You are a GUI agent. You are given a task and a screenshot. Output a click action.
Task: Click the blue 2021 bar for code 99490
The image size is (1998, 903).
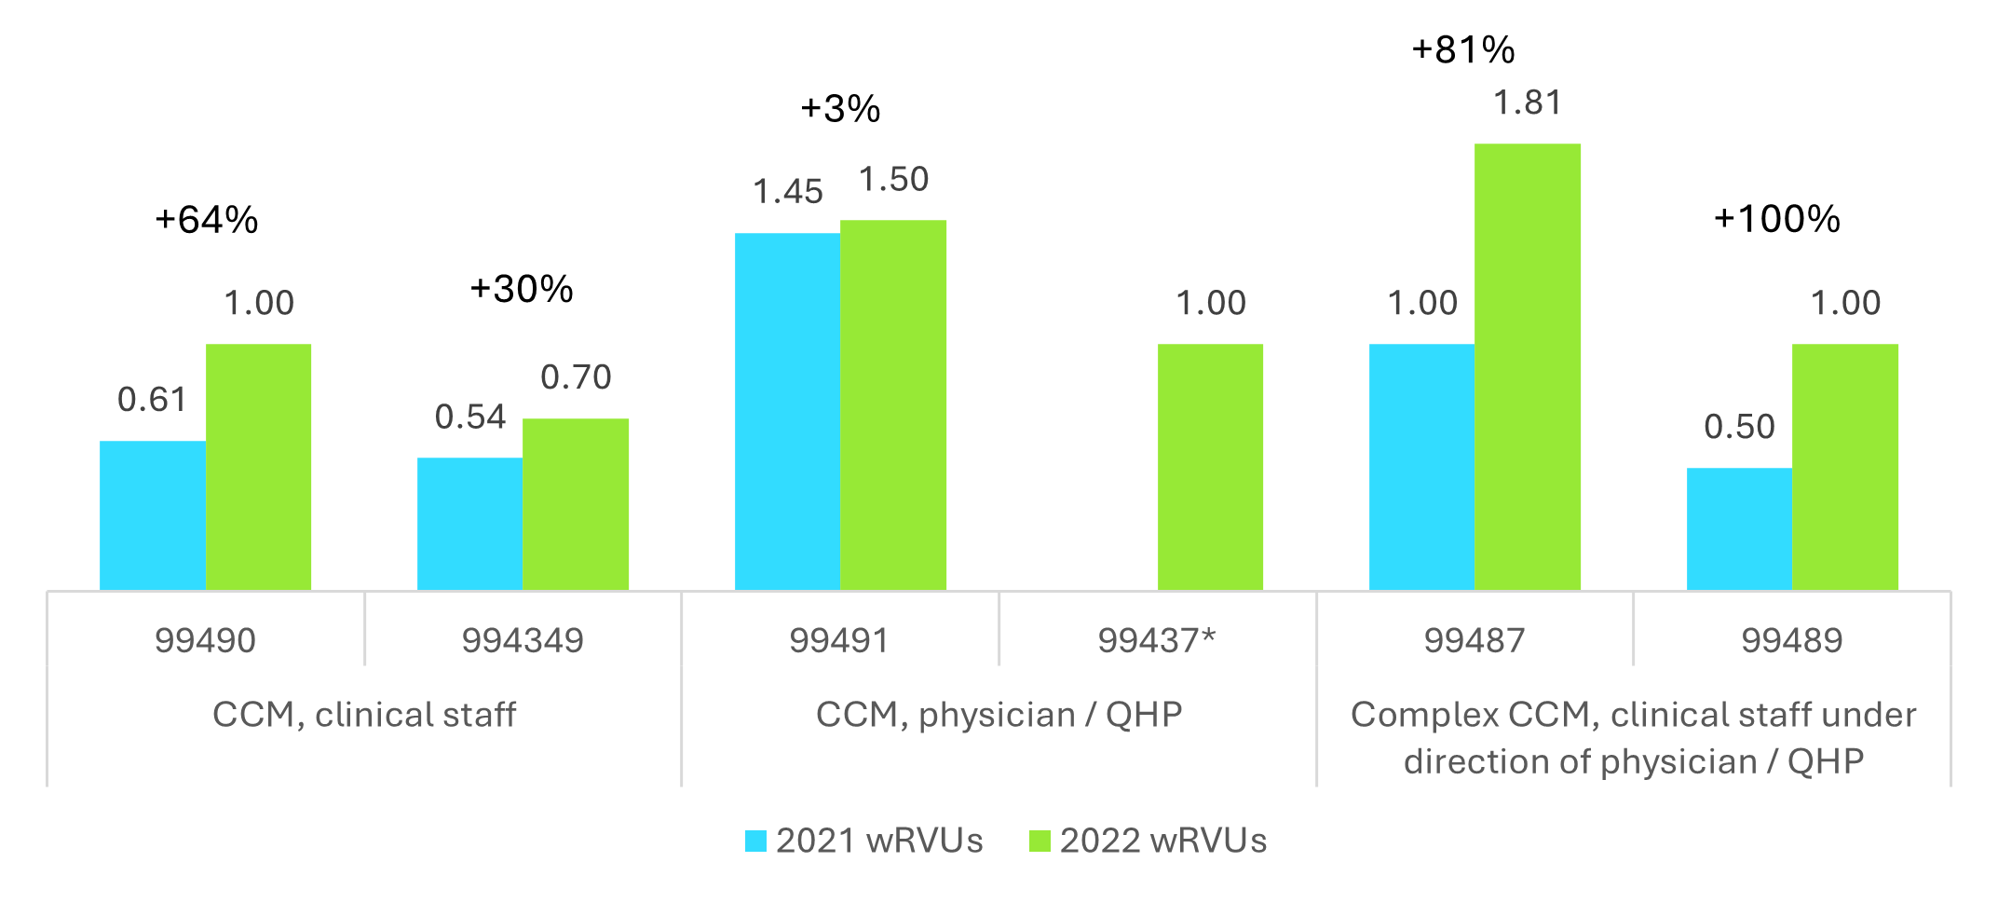point(153,514)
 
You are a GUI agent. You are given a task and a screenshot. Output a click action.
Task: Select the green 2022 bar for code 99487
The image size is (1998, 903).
point(1528,366)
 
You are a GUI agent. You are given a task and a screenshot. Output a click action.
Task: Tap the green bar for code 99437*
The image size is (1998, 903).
point(1210,466)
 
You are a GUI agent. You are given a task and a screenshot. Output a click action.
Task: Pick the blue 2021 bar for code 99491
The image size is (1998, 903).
point(787,411)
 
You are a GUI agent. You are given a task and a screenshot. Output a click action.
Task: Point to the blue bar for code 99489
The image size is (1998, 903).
point(1739,528)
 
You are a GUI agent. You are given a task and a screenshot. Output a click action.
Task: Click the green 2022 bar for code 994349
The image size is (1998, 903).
point(576,503)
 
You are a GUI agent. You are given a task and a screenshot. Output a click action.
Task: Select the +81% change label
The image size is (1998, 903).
point(1463,50)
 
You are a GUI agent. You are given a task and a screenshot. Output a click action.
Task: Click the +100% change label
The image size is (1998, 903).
point(1777,219)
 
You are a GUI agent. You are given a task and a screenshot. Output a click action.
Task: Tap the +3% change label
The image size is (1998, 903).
point(840,109)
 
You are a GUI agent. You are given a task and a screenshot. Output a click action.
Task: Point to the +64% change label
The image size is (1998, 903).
point(207,220)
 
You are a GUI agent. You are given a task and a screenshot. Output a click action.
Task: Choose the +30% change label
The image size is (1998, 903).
point(522,289)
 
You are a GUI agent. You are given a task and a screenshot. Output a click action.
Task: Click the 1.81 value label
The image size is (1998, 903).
point(1528,103)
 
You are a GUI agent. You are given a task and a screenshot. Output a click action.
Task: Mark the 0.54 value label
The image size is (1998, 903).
point(470,417)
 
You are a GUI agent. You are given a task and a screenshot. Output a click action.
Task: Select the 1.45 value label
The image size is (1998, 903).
point(788,192)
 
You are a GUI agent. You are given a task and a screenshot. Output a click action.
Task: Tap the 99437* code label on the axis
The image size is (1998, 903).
point(1157,640)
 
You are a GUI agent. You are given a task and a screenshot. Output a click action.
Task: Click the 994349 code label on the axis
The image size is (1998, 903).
point(523,640)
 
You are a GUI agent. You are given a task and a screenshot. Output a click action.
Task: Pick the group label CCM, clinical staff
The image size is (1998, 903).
point(364,715)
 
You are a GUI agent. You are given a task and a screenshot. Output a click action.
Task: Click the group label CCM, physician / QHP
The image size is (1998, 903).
point(999,715)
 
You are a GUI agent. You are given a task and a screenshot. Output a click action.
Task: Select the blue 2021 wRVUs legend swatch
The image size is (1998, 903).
point(755,841)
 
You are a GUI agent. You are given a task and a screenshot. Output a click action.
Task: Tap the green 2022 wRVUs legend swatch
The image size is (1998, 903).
point(1040,841)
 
